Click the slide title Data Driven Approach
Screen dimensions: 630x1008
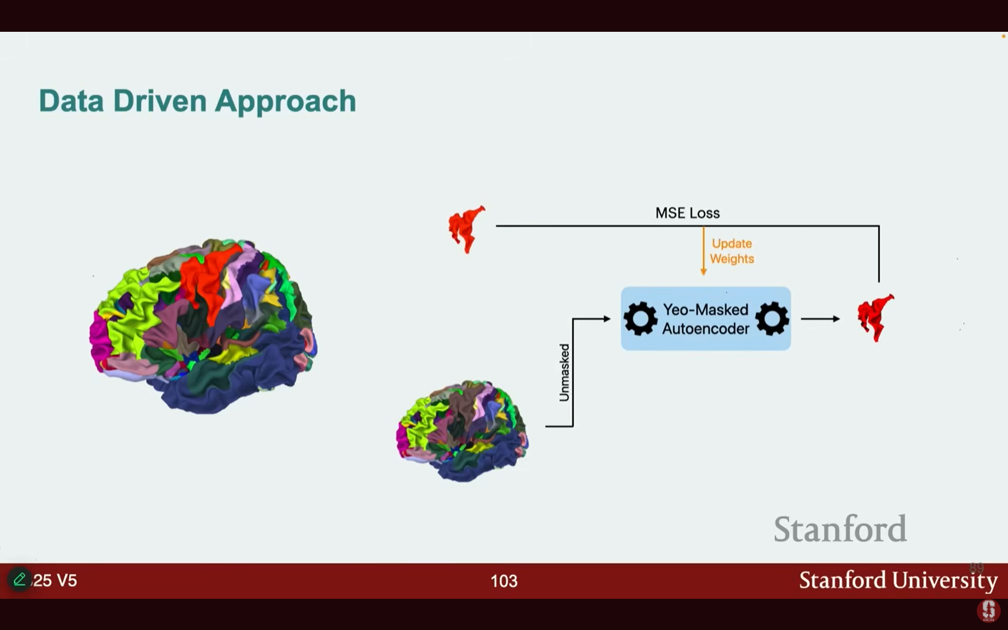(197, 101)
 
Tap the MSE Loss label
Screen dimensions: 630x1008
(687, 213)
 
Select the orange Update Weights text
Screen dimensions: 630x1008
(731, 251)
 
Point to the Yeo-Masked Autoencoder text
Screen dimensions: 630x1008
(706, 319)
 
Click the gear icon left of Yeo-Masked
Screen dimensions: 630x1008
(640, 319)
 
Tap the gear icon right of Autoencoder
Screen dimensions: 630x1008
(772, 319)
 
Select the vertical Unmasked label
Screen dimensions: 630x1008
(564, 372)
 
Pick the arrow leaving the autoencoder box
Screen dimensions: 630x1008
(820, 319)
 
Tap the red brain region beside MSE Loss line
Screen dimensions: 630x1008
(466, 228)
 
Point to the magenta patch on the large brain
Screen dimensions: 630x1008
(98, 342)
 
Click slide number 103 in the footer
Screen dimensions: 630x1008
(503, 581)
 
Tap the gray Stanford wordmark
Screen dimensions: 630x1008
(840, 529)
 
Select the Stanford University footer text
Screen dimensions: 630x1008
(898, 580)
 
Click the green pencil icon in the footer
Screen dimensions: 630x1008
(19, 580)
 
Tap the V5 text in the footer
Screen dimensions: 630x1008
(67, 581)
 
